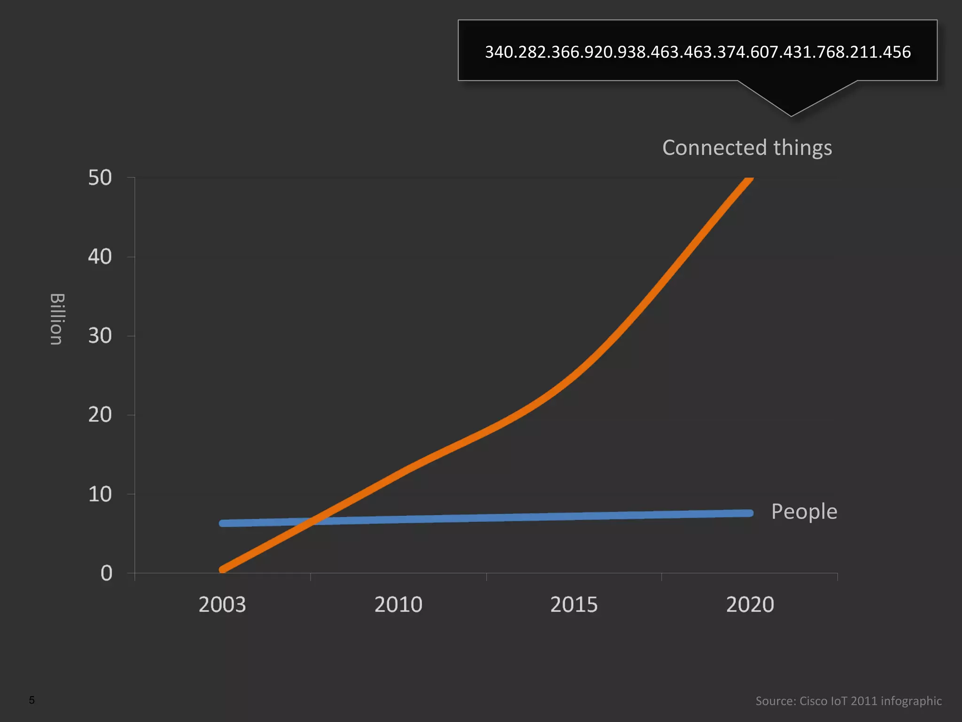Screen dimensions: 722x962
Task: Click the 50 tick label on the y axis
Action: tap(100, 178)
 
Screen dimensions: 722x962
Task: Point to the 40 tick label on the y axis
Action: tap(100, 257)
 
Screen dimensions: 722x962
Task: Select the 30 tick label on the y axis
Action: tap(100, 336)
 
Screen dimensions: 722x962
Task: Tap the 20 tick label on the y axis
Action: tap(100, 415)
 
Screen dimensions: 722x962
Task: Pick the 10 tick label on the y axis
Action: tap(100, 494)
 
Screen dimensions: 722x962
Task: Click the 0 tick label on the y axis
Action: tap(107, 573)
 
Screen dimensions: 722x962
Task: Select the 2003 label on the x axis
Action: tap(222, 604)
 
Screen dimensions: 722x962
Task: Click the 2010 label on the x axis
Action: tap(398, 604)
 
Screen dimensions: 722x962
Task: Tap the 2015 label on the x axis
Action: tap(574, 604)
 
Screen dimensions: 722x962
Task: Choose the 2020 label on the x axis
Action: tap(750, 604)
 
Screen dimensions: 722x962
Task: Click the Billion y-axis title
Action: tap(57, 319)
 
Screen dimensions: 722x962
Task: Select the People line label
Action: tap(804, 511)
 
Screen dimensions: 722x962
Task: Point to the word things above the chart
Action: tap(803, 148)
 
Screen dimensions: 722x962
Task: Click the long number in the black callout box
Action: tap(698, 52)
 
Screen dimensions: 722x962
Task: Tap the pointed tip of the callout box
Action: tap(791, 115)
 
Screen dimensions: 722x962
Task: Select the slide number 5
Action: tap(31, 700)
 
